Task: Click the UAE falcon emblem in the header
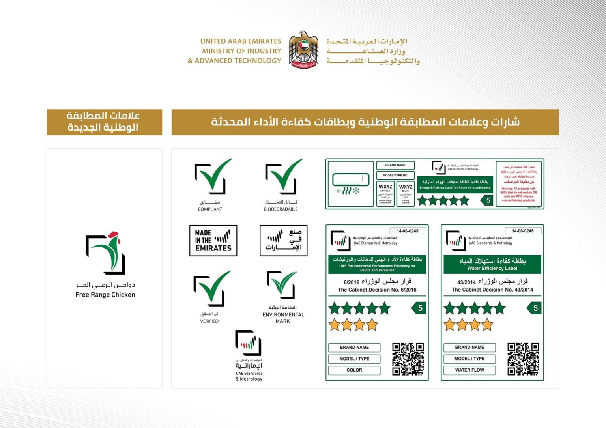pos(303,50)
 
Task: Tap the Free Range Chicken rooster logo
pos(105,253)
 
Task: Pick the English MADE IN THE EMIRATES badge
pos(213,241)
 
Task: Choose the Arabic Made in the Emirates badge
pos(283,241)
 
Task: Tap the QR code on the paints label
pos(408,359)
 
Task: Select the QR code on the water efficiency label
pos(523,359)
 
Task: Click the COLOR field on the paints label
pos(354,370)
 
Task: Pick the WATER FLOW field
pos(469,370)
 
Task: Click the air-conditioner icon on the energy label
pos(350,184)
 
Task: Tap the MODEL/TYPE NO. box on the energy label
pos(395,176)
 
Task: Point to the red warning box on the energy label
pos(519,184)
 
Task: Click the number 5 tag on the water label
pos(535,308)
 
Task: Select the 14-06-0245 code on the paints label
pos(408,231)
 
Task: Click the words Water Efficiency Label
pos(492,269)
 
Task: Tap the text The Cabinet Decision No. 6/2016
pos(377,290)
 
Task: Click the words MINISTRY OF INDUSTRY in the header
pos(241,51)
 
